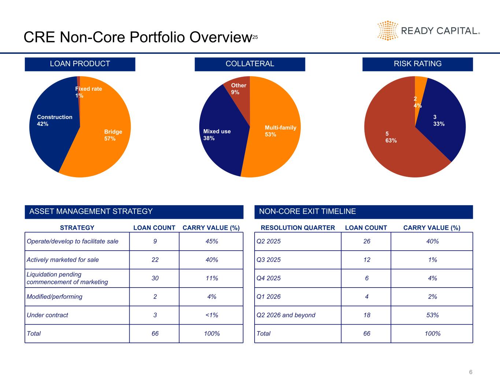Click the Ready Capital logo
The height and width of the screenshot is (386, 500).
click(x=429, y=30)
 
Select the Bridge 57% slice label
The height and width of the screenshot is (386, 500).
click(x=113, y=135)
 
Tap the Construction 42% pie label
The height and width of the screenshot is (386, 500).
click(x=55, y=120)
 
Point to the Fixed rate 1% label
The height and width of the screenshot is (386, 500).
click(x=88, y=92)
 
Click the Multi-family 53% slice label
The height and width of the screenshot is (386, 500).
click(x=280, y=131)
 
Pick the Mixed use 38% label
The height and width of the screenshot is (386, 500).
click(x=217, y=135)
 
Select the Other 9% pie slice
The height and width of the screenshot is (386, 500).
click(x=238, y=89)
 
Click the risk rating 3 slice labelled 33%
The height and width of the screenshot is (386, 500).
click(x=438, y=120)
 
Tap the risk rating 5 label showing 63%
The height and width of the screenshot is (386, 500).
click(x=391, y=137)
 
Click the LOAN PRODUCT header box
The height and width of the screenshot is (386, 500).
click(x=80, y=64)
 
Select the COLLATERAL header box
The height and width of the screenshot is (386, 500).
click(x=250, y=64)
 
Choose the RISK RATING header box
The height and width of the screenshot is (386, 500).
click(x=418, y=64)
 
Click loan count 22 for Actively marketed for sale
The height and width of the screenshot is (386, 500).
click(x=155, y=260)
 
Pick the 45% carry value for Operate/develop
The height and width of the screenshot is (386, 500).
click(x=211, y=241)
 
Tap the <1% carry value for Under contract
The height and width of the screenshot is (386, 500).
click(x=211, y=315)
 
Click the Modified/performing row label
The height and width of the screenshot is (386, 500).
click(x=55, y=297)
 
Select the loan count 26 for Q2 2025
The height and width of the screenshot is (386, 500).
click(x=367, y=241)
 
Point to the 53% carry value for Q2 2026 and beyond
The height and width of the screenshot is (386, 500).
click(x=432, y=315)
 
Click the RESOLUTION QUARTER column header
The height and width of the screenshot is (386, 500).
click(x=297, y=228)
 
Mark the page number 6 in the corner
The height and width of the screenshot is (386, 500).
click(x=471, y=372)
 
